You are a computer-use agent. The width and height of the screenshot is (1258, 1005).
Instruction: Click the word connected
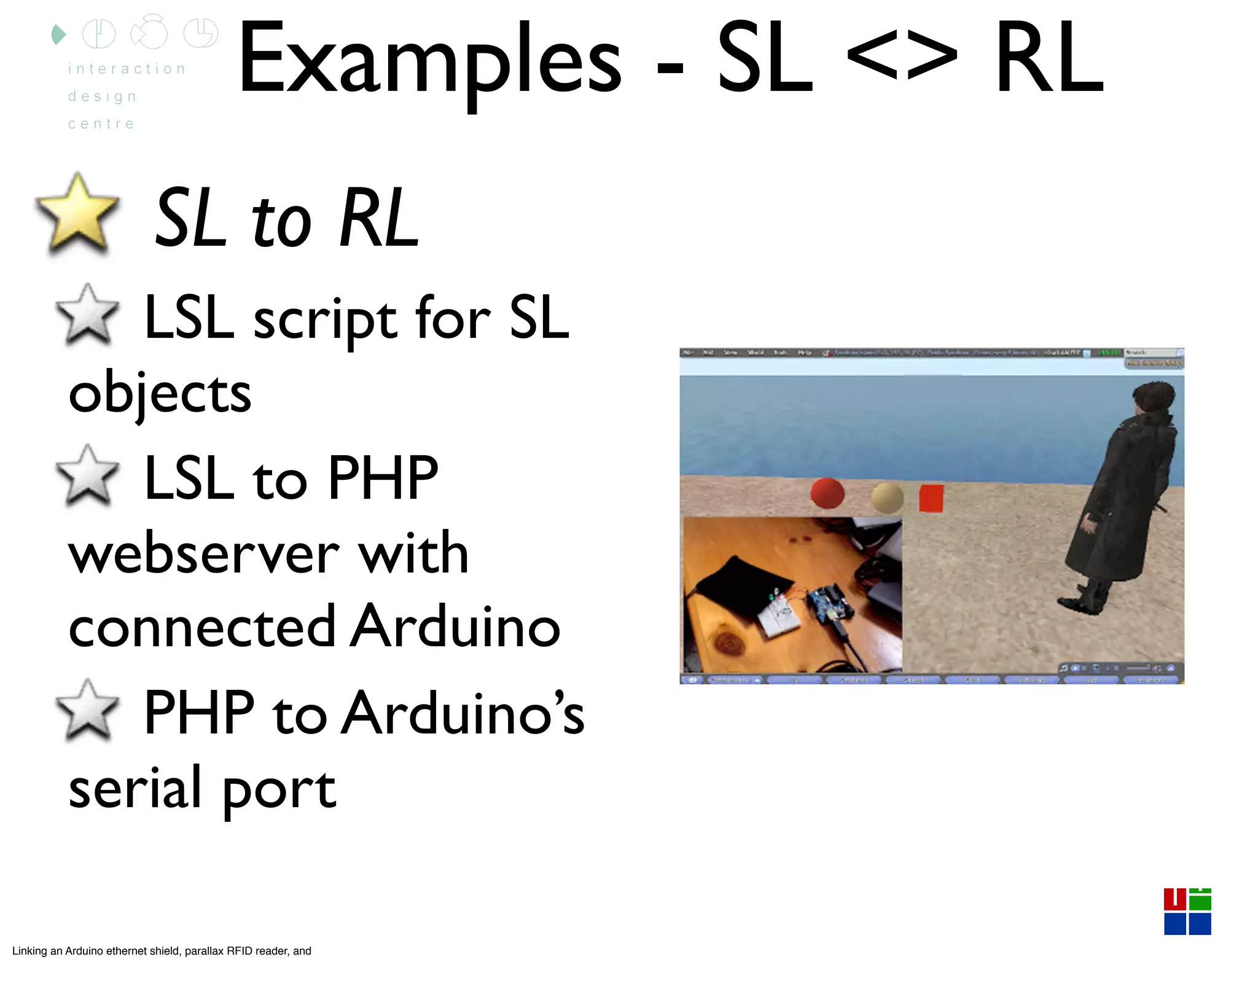[x=201, y=627]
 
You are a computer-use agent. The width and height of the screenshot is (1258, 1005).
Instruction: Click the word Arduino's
[x=463, y=713]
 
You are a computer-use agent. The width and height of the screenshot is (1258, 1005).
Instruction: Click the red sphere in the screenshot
[x=827, y=493]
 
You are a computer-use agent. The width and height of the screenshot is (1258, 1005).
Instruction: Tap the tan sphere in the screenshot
[x=887, y=497]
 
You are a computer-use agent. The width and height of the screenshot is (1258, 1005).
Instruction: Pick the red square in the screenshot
[x=931, y=498]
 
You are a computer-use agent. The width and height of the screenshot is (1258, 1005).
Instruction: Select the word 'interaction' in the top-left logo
[x=127, y=69]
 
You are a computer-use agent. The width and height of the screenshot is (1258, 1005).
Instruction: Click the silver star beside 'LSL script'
[x=87, y=314]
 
